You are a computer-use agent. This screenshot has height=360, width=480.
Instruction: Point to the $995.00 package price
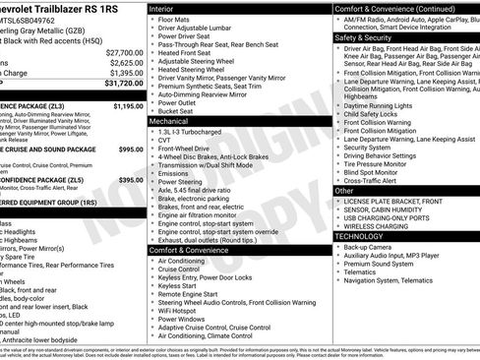pyautogui.click(x=130, y=149)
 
